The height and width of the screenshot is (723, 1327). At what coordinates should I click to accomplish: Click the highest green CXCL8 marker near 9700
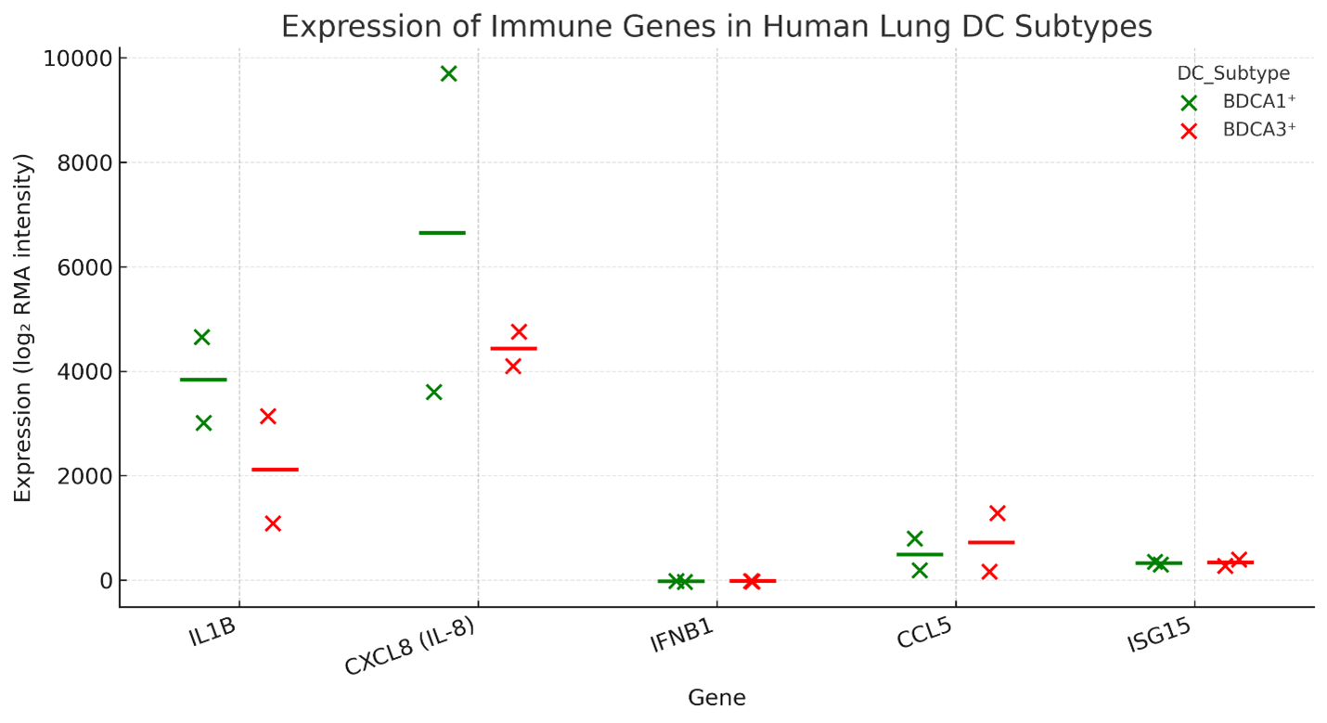pos(448,73)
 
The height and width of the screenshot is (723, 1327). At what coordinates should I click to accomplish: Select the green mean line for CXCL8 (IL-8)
pos(442,232)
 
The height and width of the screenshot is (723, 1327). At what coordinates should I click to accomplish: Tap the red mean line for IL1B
pos(275,470)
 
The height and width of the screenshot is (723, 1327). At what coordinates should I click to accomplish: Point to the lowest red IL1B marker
pos(273,523)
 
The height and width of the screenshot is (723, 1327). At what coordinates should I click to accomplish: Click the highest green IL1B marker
pos(201,337)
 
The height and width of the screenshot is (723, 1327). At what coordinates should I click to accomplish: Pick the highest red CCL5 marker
pos(998,513)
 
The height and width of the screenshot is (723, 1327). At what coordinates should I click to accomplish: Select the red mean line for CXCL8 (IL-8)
pos(513,348)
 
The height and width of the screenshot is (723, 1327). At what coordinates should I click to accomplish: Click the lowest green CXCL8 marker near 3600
pos(433,392)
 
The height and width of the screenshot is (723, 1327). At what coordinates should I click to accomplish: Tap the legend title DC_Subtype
pos(1233,73)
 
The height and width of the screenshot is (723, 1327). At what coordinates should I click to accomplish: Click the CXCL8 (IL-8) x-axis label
pos(409,647)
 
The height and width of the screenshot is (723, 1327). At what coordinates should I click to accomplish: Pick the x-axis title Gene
pos(716,698)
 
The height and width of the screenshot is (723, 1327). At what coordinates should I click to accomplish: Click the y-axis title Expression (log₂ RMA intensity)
pos(23,329)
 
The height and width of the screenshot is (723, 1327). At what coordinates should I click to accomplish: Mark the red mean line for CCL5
pos(991,542)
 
